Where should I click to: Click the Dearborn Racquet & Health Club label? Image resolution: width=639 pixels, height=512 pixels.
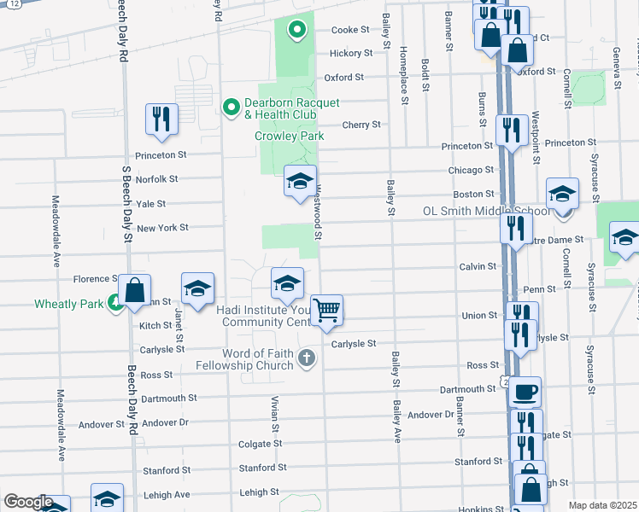pyautogui.click(x=292, y=108)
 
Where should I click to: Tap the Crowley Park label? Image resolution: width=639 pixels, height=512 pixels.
pyautogui.click(x=289, y=136)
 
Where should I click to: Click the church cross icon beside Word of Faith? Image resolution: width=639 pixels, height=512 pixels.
pyautogui.click(x=308, y=359)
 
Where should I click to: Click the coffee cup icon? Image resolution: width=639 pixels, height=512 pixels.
pyautogui.click(x=525, y=392)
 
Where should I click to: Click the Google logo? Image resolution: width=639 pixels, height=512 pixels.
pyautogui.click(x=28, y=502)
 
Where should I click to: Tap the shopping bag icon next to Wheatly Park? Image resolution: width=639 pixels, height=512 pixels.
pyautogui.click(x=135, y=290)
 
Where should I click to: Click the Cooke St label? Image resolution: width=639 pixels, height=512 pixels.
pyautogui.click(x=349, y=29)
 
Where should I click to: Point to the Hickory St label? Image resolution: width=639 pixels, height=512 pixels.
pyautogui.click(x=351, y=53)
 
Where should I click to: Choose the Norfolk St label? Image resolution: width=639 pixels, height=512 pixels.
pyautogui.click(x=156, y=179)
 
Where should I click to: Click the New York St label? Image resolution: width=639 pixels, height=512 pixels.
pyautogui.click(x=162, y=228)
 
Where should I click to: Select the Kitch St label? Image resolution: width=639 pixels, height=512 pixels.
pyautogui.click(x=155, y=326)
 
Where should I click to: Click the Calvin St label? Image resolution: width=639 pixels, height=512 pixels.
pyautogui.click(x=478, y=266)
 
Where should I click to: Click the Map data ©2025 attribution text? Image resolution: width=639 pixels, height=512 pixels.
pyautogui.click(x=601, y=505)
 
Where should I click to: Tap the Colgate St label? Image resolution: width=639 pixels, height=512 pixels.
pyautogui.click(x=260, y=444)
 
